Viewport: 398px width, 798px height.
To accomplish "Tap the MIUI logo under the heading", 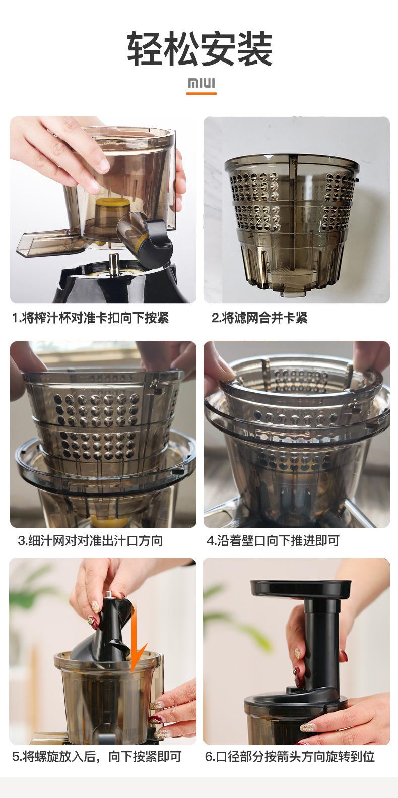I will point(202,83).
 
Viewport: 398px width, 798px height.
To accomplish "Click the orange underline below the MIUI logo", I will point(202,93).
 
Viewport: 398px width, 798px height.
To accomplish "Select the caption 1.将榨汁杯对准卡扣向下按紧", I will point(91,318).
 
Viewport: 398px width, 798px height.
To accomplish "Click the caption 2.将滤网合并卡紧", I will point(259,318).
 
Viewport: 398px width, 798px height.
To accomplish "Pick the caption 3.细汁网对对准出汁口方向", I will point(91,541).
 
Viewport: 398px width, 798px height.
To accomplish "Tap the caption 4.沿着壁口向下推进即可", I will point(273,541).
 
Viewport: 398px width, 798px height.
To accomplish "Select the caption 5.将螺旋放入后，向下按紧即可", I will point(97,757).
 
